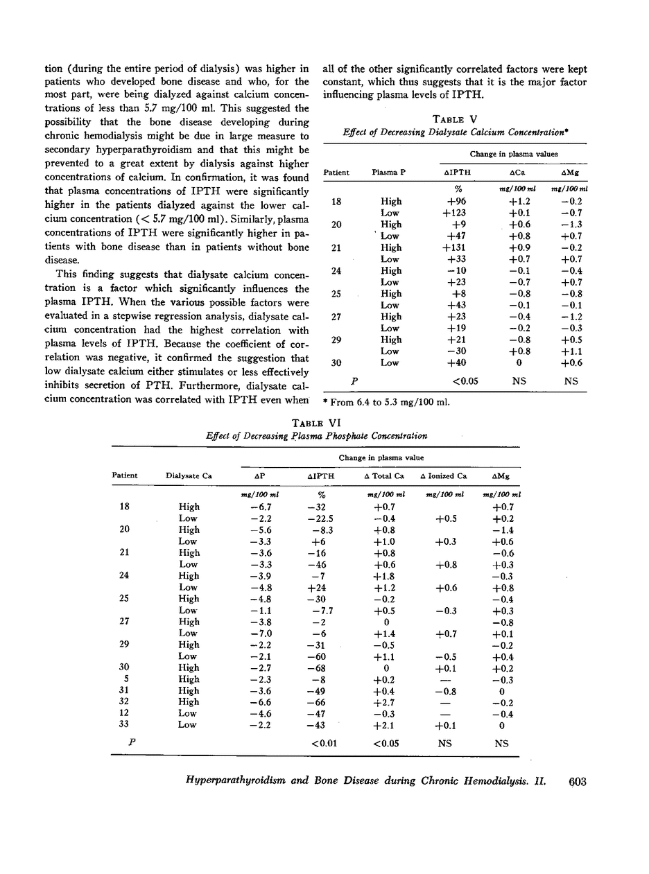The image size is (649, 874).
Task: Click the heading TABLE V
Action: pyautogui.click(x=454, y=119)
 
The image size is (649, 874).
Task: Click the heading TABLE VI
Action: pyautogui.click(x=316, y=423)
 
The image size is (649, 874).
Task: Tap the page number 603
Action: pyautogui.click(x=577, y=782)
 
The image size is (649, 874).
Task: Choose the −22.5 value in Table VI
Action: pyautogui.click(x=321, y=518)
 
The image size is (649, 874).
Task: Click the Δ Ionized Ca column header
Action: pyautogui.click(x=444, y=476)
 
